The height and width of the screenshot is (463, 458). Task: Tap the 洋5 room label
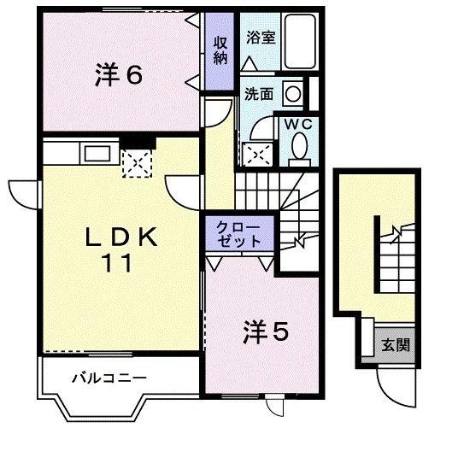(x=265, y=332)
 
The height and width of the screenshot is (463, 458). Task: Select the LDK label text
(x=121, y=237)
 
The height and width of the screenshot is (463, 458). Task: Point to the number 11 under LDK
(x=117, y=263)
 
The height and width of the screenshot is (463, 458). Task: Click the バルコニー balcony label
(x=109, y=378)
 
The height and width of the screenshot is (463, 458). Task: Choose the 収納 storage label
(x=220, y=50)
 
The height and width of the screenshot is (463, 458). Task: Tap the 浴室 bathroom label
(x=261, y=38)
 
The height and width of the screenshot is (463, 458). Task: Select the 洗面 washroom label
(x=259, y=94)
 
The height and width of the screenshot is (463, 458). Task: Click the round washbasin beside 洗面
(x=293, y=94)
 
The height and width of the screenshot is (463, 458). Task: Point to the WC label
(x=298, y=125)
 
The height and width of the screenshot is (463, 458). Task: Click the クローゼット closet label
(x=239, y=234)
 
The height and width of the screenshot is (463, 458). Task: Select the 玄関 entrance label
(x=396, y=344)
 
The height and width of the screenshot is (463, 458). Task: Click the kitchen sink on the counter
(x=97, y=153)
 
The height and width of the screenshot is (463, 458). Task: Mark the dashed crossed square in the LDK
(x=137, y=163)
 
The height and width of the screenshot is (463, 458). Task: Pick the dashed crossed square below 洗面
(x=257, y=154)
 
